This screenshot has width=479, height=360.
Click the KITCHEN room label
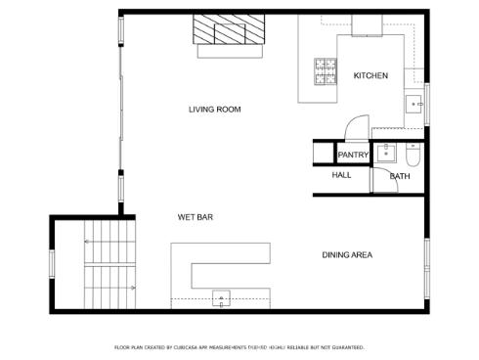click(x=370, y=75)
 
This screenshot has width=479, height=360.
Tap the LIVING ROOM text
click(x=215, y=110)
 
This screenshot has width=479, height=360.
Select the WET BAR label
click(x=196, y=216)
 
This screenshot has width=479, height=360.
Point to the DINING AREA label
click(x=347, y=255)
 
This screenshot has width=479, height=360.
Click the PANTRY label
click(x=352, y=156)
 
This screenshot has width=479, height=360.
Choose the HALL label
click(x=341, y=175)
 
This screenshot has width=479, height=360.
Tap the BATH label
click(x=400, y=176)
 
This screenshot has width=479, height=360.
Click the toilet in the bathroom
click(x=414, y=155)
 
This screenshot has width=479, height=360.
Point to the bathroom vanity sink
click(x=385, y=152)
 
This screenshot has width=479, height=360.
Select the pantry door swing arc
click(x=355, y=128)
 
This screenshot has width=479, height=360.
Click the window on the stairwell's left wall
click(x=52, y=265)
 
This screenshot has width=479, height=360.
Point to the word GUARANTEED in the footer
click(x=348, y=347)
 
